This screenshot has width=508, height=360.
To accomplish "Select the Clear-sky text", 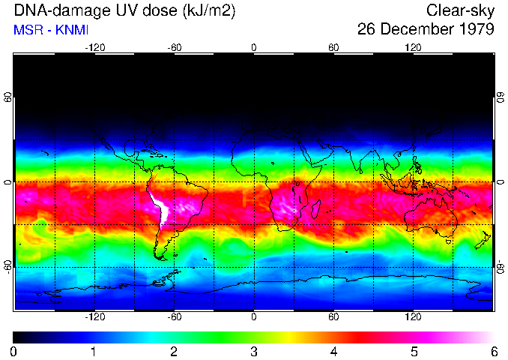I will click(x=460, y=10).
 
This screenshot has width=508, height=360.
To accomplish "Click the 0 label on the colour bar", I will click(x=13, y=351).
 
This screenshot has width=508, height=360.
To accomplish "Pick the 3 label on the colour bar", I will click(x=253, y=351).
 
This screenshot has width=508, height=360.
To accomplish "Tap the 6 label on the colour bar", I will click(x=493, y=351).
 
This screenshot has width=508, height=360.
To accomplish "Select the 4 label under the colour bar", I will click(x=333, y=351).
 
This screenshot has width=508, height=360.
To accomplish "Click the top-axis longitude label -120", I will click(x=94, y=48).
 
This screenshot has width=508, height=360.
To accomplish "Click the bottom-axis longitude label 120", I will click(x=413, y=317).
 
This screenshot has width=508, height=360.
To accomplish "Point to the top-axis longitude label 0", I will click(x=254, y=48).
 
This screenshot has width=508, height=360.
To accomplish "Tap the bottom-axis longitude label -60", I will click(x=174, y=317).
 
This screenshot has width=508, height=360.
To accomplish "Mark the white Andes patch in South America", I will click(x=160, y=208).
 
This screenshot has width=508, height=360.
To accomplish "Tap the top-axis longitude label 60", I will click(x=333, y=48).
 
